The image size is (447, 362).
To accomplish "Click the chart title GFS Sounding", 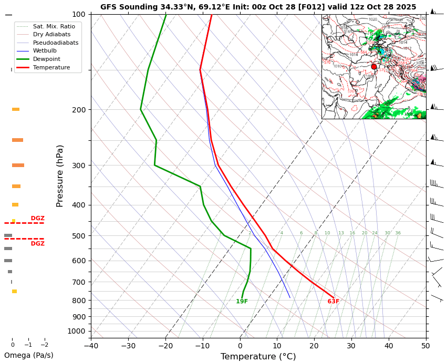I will point(258,7).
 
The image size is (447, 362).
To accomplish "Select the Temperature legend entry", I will point(51,68).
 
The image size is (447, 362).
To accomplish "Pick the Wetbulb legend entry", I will point(45,51).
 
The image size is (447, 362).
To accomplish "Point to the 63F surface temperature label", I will point(333,302).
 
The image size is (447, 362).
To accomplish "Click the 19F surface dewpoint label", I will point(242,302).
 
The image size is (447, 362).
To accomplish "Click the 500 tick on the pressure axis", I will point(79,236).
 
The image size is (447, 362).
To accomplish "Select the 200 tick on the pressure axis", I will point(79,110).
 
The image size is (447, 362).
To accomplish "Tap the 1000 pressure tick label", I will point(77,331).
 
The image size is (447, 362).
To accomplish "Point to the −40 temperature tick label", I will point(91,346).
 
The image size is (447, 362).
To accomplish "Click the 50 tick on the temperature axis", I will point(425,346).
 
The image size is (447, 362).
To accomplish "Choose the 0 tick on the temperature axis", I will point(240,346).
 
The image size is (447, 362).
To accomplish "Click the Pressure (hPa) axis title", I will point(60,175).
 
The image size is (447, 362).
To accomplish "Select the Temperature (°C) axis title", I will point(258,357).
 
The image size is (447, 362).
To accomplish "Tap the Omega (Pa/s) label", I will point(28,355).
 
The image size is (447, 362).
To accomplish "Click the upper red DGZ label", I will point(37,219).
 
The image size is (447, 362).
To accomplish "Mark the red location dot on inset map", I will point(374,67).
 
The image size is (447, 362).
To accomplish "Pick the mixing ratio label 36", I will point(398,233).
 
